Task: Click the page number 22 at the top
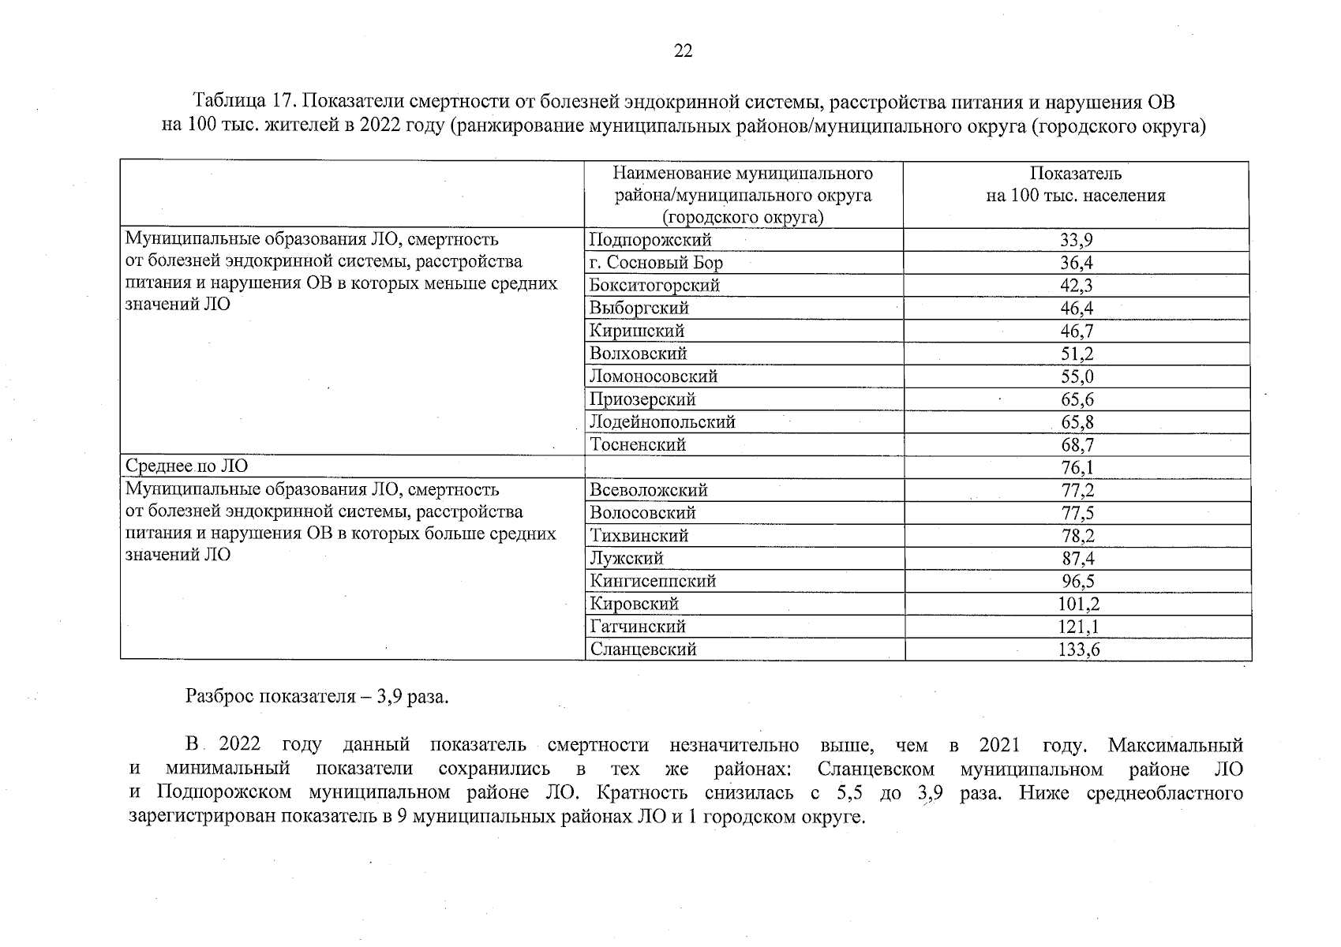(684, 52)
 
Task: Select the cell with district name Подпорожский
(650, 240)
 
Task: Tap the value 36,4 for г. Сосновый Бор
(1076, 263)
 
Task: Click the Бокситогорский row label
(654, 286)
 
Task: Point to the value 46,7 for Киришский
(1077, 331)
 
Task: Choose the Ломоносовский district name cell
(654, 376)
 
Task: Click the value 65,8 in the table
(1077, 422)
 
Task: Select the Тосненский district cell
(638, 445)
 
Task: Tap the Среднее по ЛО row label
(186, 467)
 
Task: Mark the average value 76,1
(1077, 468)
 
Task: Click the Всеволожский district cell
(648, 491)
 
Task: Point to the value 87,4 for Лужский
(1077, 559)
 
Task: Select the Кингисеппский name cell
(653, 582)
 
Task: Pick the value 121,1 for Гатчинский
(1078, 627)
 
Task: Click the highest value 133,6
(1078, 650)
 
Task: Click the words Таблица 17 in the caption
(242, 103)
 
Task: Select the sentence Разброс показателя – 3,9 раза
(317, 697)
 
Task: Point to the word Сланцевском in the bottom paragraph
(876, 769)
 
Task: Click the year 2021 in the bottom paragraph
(998, 745)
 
